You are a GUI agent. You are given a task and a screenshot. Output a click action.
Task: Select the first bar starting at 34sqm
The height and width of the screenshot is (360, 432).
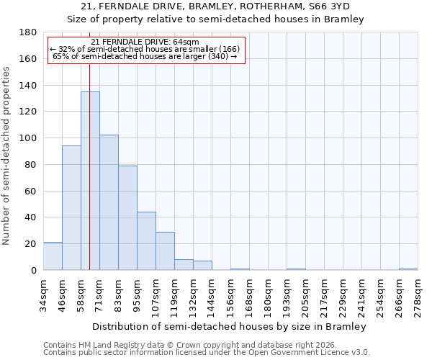click(53, 256)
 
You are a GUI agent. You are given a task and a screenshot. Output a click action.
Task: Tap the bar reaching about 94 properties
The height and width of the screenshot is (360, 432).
click(71, 209)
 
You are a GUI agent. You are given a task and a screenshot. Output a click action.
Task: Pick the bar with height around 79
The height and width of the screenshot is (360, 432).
click(127, 218)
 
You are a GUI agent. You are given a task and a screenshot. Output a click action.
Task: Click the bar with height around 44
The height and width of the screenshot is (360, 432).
click(146, 241)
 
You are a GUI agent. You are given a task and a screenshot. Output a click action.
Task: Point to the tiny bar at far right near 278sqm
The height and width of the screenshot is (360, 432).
click(408, 269)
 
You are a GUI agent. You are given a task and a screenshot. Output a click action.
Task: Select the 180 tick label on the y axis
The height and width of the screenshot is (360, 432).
click(28, 32)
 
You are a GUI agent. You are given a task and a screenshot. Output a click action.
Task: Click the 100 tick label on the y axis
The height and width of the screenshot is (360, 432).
click(28, 138)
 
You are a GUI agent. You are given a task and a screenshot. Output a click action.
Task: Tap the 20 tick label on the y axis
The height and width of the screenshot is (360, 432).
click(31, 244)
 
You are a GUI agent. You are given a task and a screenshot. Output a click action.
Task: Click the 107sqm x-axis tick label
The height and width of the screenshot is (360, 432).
click(156, 296)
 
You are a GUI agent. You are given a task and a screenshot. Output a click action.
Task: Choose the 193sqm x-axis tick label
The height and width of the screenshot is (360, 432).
click(287, 296)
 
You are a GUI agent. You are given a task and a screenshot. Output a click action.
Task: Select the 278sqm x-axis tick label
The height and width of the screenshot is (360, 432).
click(418, 296)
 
